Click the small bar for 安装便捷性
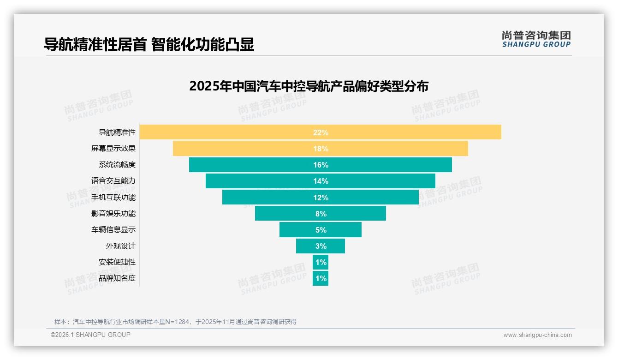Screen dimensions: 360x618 click(321, 262)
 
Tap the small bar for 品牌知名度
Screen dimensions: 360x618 click(321, 278)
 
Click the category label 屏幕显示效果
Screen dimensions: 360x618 click(113, 149)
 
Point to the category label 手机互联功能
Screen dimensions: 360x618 click(113, 197)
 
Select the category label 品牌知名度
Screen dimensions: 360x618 click(117, 278)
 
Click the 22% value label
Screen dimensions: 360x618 click(321, 132)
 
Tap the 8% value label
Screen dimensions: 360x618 click(321, 214)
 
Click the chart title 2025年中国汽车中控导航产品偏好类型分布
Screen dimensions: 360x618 click(309, 86)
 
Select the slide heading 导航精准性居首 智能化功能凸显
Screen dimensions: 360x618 click(149, 44)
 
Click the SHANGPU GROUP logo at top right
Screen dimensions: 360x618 click(536, 39)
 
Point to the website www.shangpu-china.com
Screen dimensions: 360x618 click(537, 335)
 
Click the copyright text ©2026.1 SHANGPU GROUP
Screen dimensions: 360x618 click(90, 335)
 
